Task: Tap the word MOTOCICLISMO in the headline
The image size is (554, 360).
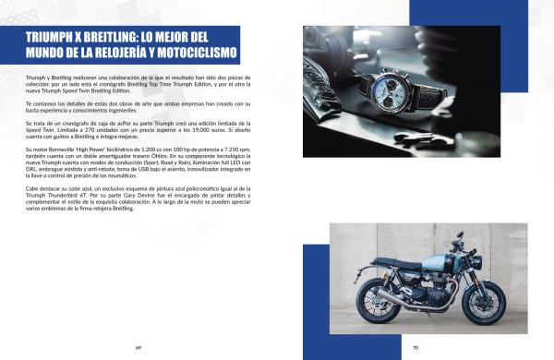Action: [197, 53]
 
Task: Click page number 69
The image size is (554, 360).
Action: [138, 348]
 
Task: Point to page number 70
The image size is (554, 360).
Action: [415, 348]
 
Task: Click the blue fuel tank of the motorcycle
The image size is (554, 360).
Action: [437, 262]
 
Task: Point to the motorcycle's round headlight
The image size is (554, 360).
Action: [475, 260]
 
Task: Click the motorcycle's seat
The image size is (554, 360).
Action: [396, 263]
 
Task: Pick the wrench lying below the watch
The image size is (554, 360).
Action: [424, 138]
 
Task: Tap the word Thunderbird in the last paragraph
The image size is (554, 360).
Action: [64, 196]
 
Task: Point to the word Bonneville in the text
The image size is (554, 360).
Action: [60, 150]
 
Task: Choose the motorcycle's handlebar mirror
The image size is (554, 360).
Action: [460, 234]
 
